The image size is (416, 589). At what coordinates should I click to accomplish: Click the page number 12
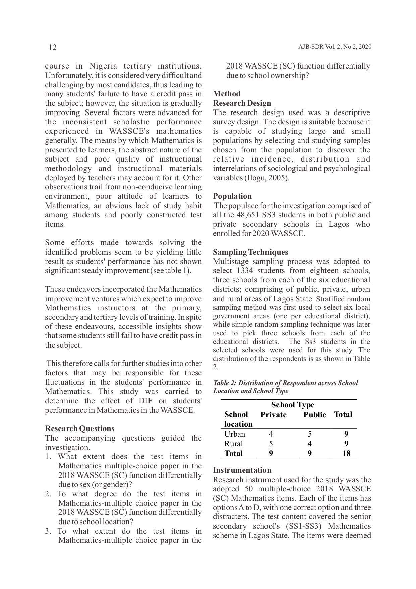click(53, 47)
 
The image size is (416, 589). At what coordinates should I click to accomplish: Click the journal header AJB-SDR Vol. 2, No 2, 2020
click(335, 47)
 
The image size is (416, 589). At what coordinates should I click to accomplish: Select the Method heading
click(227, 94)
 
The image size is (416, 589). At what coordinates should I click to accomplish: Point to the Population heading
click(232, 196)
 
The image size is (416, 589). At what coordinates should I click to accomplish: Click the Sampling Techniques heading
click(250, 252)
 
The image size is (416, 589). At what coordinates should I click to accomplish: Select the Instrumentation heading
click(242, 470)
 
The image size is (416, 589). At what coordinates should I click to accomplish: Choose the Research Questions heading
click(79, 428)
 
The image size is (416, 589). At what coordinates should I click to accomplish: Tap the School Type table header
click(292, 405)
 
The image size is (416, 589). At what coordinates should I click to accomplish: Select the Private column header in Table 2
click(273, 415)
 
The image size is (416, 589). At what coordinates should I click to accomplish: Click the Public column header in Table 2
click(314, 415)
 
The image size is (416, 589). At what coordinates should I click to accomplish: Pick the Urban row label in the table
click(234, 434)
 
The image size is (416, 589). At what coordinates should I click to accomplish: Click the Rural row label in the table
click(233, 444)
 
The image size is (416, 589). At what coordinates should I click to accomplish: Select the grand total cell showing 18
click(346, 453)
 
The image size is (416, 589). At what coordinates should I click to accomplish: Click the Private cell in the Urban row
click(271, 434)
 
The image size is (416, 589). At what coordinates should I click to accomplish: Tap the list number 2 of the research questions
click(48, 494)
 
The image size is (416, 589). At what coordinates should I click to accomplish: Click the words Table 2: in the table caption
click(225, 383)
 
